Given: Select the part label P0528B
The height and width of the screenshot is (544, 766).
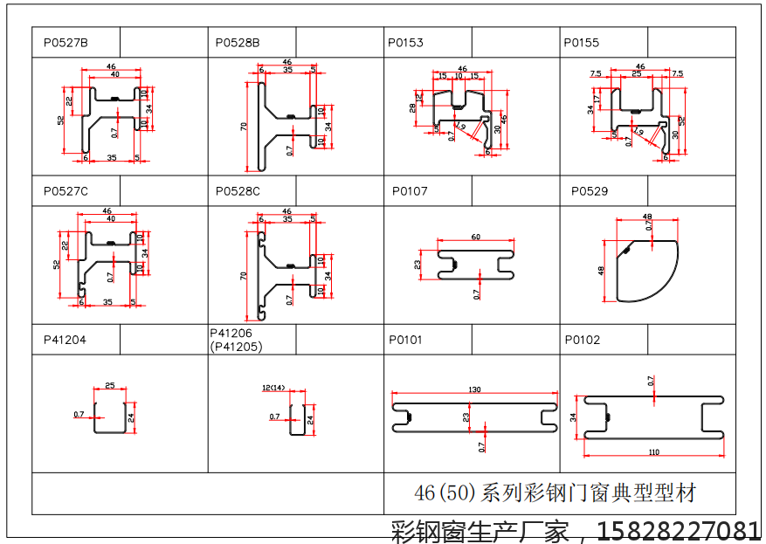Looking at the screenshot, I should click(x=238, y=42).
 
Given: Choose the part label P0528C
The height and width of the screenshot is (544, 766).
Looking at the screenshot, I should click(x=238, y=191).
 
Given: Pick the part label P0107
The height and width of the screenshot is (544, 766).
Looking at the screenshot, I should click(x=410, y=191).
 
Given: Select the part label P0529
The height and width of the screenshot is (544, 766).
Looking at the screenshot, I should click(x=590, y=191).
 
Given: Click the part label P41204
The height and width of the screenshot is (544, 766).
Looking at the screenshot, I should click(x=64, y=340).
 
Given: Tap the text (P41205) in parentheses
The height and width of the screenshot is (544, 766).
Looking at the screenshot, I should click(x=236, y=346).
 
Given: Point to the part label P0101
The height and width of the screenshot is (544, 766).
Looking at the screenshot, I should click(x=405, y=340).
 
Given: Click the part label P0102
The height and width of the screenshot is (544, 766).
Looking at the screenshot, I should click(x=583, y=340).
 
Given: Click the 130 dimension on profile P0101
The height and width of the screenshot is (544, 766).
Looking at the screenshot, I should click(x=474, y=389).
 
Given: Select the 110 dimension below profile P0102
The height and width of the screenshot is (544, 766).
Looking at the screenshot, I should click(x=654, y=452).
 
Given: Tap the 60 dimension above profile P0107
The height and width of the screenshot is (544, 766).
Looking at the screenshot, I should click(x=475, y=238).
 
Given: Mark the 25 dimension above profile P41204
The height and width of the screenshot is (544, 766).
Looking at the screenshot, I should click(x=110, y=385).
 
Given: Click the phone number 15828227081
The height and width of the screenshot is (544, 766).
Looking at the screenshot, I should click(x=681, y=530).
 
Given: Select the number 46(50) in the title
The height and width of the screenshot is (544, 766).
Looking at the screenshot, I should click(x=445, y=493).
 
